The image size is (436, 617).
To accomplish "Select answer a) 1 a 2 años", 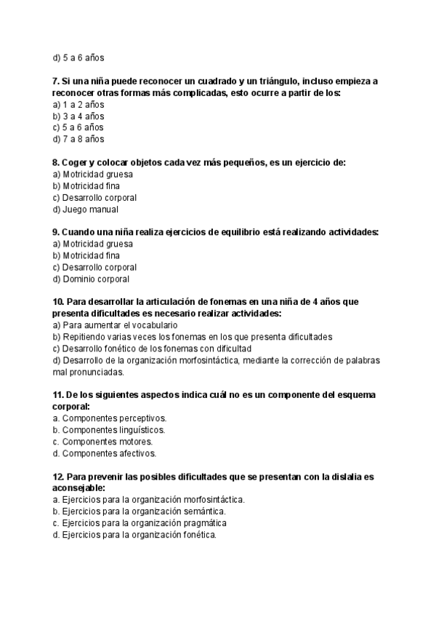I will [x=78, y=104].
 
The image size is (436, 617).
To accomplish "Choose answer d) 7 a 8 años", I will [x=78, y=138].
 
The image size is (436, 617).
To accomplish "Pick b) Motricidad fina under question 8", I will [x=86, y=186].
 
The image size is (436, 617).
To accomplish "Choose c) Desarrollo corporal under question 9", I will [x=94, y=267].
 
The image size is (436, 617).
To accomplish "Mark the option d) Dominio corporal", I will [x=91, y=279].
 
